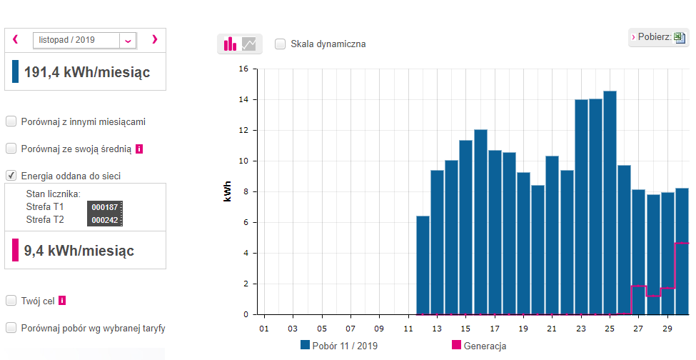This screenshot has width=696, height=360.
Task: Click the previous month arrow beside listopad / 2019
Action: pyautogui.click(x=15, y=40)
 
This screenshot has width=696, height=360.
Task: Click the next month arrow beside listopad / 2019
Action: pyautogui.click(x=154, y=40)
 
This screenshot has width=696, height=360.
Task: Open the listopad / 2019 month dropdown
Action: pyautogui.click(x=128, y=41)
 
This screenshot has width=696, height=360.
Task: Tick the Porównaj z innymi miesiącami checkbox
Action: pyautogui.click(x=11, y=121)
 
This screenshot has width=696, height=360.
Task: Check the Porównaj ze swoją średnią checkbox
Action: pyautogui.click(x=11, y=149)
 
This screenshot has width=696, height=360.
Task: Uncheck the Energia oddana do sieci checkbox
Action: pyautogui.click(x=11, y=175)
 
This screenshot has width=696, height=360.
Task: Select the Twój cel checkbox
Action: pyautogui.click(x=11, y=301)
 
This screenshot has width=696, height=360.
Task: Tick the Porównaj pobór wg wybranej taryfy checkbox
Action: pyautogui.click(x=11, y=328)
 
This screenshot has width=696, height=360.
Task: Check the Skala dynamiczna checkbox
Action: pyautogui.click(x=281, y=44)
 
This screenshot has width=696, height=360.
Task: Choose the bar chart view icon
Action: pyautogui.click(x=230, y=44)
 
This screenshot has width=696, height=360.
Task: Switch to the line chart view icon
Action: pyautogui.click(x=249, y=44)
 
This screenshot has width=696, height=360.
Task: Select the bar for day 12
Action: pyautogui.click(x=423, y=265)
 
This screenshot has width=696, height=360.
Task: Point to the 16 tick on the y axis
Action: pyautogui.click(x=243, y=69)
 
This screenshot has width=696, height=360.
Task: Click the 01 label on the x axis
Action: pyautogui.click(x=264, y=329)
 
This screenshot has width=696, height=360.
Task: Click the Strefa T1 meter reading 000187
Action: pyautogui.click(x=105, y=207)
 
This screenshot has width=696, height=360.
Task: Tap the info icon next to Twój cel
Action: pyautogui.click(x=62, y=301)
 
